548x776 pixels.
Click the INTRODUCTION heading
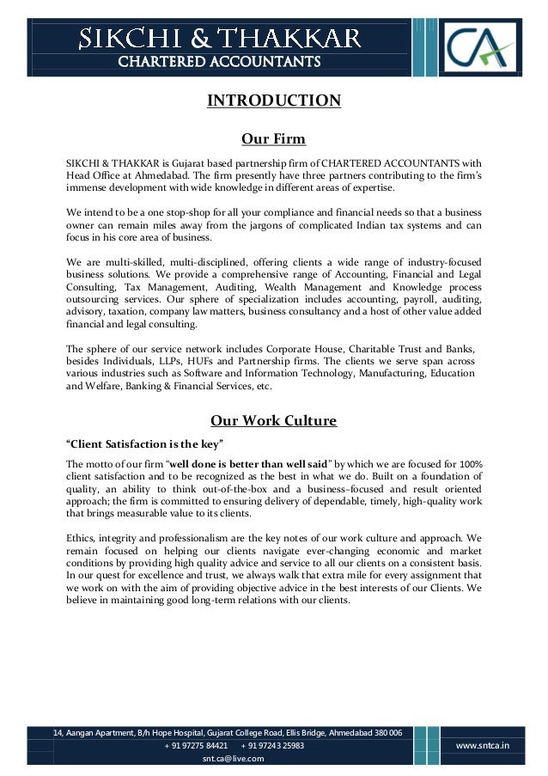pos(274,101)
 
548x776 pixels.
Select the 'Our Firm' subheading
pos(274,138)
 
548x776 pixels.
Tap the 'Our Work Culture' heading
pos(274,421)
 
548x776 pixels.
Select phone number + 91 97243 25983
pos(273,746)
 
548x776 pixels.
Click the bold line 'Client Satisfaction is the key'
pos(145,444)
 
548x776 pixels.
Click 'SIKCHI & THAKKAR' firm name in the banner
pos(219,37)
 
